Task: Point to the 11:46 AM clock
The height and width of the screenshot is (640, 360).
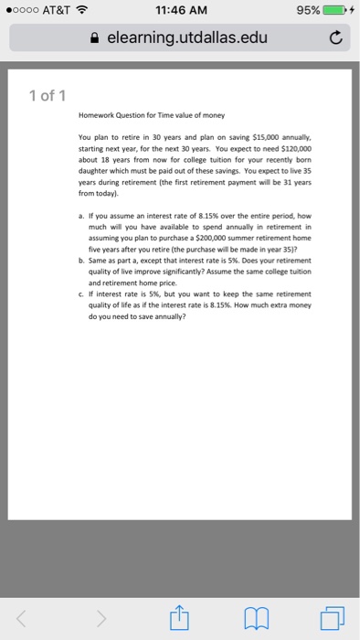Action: tap(180, 11)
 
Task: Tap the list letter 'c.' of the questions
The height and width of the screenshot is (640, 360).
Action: tap(83, 293)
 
